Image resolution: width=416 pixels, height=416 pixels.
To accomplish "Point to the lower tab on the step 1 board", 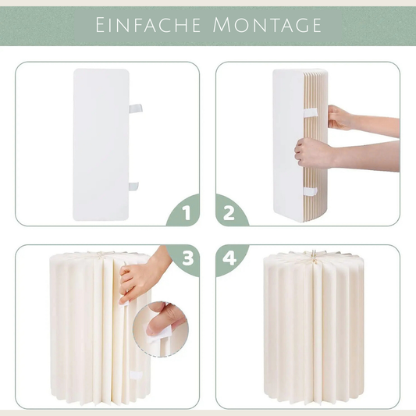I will pyautogui.click(x=133, y=186).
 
